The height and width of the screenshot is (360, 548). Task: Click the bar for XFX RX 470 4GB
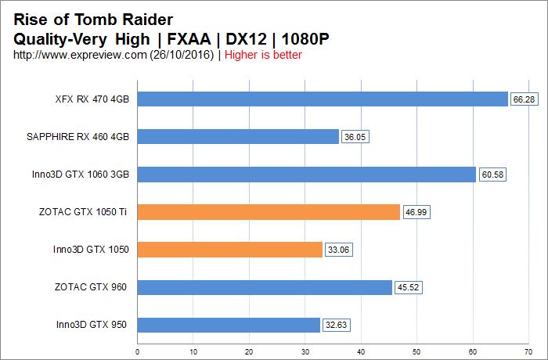click(x=323, y=99)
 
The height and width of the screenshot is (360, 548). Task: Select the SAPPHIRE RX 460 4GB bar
click(x=238, y=137)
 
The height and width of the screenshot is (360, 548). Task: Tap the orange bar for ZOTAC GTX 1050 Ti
click(x=269, y=212)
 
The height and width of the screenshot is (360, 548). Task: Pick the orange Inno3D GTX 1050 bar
click(x=230, y=250)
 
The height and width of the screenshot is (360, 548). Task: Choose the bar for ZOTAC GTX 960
click(x=265, y=287)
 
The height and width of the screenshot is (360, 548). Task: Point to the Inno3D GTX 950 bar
click(x=229, y=325)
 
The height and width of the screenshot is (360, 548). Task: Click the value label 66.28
click(x=521, y=99)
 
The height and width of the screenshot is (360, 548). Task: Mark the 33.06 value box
click(x=337, y=250)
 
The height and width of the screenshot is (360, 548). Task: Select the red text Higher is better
click(x=264, y=55)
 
